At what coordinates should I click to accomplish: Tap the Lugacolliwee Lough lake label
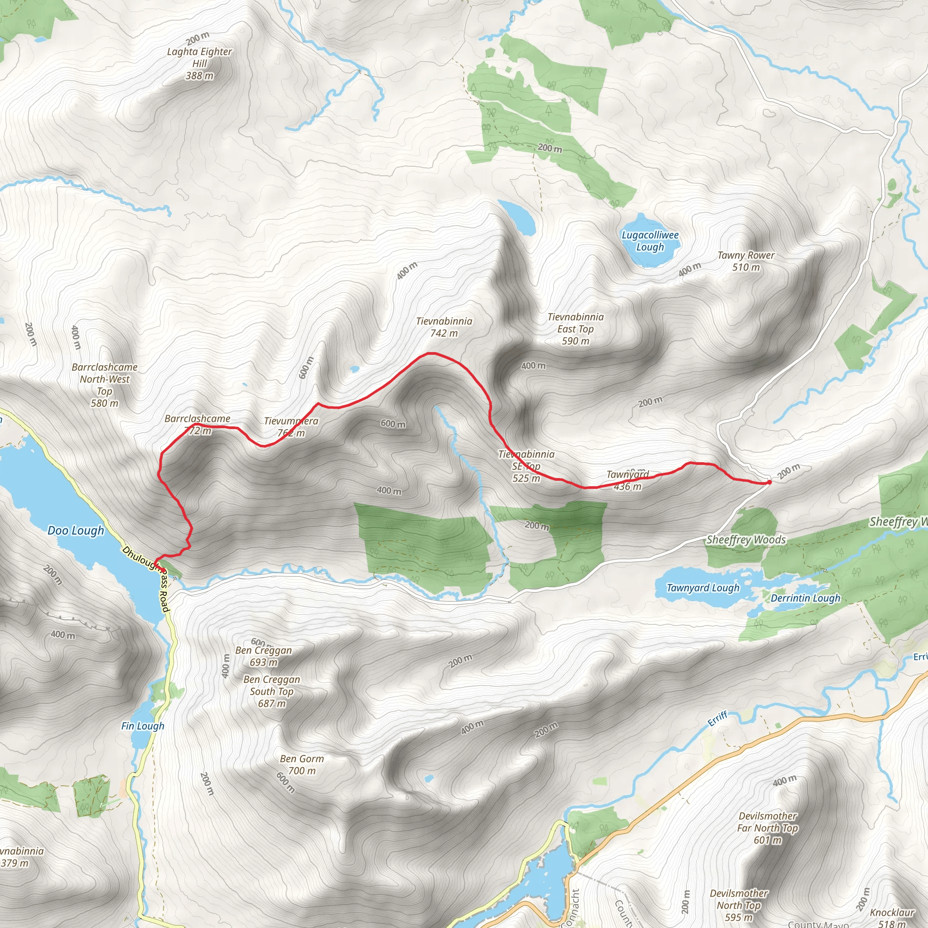click(650, 241)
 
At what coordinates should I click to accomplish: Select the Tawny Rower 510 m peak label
click(745, 261)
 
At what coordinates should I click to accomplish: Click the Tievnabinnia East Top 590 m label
click(575, 329)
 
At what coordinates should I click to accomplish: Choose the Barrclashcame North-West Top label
click(105, 385)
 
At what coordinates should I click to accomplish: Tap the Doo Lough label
click(76, 531)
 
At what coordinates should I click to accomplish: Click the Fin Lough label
click(143, 726)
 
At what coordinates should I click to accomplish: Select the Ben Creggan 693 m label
click(263, 656)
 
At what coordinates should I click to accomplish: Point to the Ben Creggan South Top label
click(271, 691)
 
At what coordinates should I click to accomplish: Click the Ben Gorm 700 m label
click(302, 765)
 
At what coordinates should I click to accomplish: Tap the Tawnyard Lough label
click(703, 588)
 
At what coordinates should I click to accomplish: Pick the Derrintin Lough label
click(806, 598)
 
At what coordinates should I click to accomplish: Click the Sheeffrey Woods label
click(746, 540)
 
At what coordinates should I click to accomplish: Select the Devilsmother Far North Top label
click(768, 828)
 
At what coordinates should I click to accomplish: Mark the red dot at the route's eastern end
click(769, 482)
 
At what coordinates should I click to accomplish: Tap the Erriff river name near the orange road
click(718, 719)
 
